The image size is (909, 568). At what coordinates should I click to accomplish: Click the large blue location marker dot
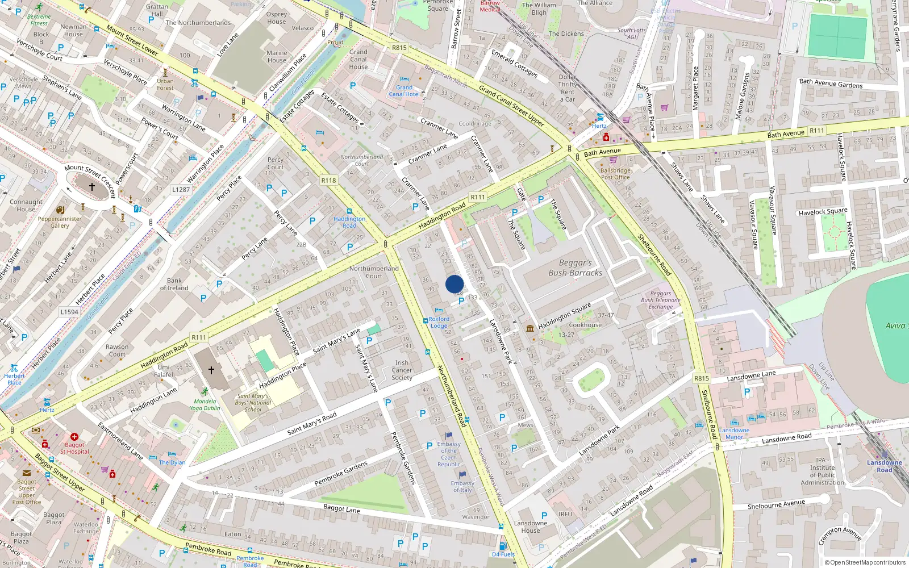point(454,284)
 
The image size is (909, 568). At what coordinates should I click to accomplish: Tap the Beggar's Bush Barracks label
point(575,268)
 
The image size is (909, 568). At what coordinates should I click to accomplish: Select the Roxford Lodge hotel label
point(439,323)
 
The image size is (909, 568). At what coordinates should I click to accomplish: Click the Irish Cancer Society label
point(402,370)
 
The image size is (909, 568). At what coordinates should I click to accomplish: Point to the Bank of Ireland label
point(174,284)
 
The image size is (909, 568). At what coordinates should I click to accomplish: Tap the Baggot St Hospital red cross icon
point(74,437)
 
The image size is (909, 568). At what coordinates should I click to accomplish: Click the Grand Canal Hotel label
point(404,91)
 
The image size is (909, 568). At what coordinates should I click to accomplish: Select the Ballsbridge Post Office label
point(615,174)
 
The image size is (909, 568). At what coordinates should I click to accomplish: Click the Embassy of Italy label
point(462,487)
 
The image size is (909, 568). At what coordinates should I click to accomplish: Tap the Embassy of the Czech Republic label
point(449,454)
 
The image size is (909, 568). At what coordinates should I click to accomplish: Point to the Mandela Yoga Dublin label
point(205,404)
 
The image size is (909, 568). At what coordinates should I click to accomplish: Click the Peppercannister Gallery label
point(60,222)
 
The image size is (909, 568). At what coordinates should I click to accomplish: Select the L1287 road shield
point(181,190)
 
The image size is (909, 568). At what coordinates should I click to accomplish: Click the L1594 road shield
point(69,312)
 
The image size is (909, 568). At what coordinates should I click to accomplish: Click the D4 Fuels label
point(503,554)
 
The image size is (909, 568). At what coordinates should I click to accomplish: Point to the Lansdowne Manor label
point(734,433)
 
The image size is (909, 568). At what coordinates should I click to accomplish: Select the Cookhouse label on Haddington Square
point(585,325)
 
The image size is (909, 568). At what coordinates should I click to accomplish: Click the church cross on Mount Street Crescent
point(91,186)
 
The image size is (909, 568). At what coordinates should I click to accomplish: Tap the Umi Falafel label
point(164,371)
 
